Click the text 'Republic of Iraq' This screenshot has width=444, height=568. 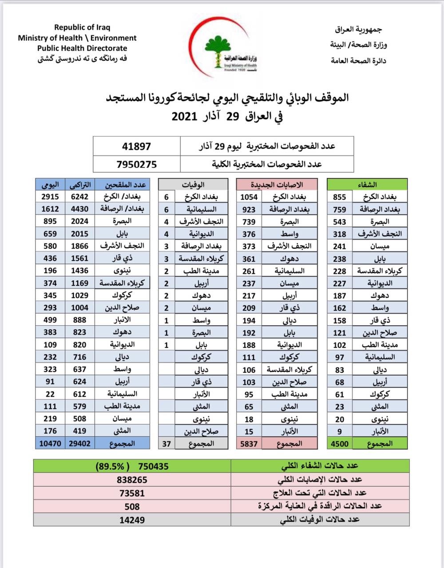tap(82, 28)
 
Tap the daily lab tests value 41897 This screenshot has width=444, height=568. tap(136, 146)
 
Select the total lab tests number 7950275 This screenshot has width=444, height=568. tap(136, 164)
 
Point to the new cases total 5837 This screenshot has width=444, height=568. tap(249, 443)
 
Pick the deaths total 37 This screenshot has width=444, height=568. tap(166, 443)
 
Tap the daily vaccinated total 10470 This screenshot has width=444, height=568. tap(50, 443)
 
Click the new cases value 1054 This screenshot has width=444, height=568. tap(249, 197)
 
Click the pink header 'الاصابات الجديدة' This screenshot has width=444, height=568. tap(277, 184)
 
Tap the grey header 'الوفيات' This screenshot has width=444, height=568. tap(193, 184)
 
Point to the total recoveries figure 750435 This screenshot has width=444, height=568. tap(153, 466)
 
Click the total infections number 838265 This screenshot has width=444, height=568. tap(132, 480)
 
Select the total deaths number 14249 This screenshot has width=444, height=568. tap(132, 519)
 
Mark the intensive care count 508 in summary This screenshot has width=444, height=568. tap(132, 506)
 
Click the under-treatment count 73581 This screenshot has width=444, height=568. tap(132, 493)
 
